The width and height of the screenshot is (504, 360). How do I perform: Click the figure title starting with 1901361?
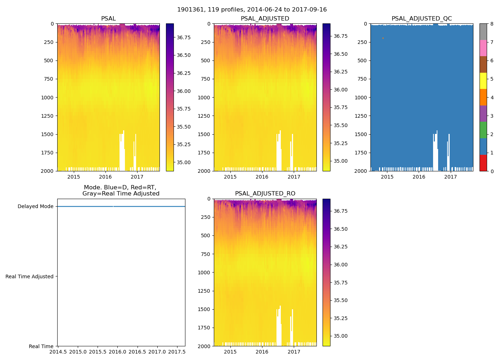(x=252, y=10)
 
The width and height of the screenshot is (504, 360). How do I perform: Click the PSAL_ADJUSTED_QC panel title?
(x=422, y=19)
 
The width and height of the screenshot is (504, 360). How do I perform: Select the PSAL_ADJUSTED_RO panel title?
(x=265, y=194)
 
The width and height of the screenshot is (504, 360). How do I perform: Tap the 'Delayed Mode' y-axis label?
(x=35, y=207)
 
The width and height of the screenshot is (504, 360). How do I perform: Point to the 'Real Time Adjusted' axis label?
(x=30, y=276)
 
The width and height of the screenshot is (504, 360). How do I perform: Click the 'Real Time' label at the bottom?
(x=41, y=346)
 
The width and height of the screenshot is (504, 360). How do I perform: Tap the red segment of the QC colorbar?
(x=483, y=163)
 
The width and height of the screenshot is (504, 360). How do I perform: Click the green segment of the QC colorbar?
(x=483, y=130)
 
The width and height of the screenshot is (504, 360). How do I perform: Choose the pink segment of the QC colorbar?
(x=483, y=48)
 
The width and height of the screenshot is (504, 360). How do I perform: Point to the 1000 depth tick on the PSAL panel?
(x=48, y=98)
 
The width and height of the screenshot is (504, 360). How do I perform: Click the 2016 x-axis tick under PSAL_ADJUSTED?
(x=262, y=177)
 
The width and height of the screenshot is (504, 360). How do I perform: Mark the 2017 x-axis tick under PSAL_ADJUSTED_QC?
(x=450, y=177)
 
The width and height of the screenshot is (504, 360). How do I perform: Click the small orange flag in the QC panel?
(x=383, y=38)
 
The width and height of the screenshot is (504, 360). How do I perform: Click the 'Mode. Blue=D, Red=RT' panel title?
(x=121, y=190)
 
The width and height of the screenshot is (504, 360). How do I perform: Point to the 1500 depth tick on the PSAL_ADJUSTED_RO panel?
(x=204, y=310)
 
